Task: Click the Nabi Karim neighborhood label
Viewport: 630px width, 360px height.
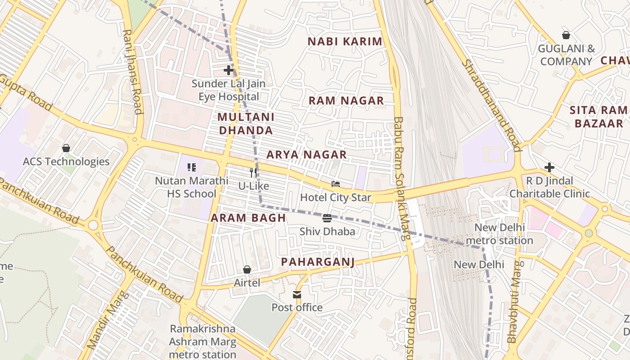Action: click(x=345, y=41)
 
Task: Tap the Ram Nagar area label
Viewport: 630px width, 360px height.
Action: click(x=346, y=100)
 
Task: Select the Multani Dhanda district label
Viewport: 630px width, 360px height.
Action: click(x=245, y=124)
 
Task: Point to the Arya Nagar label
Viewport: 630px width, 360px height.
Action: click(x=306, y=154)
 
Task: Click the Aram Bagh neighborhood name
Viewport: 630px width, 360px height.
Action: click(x=248, y=218)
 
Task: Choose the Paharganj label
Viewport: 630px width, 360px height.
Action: click(x=318, y=262)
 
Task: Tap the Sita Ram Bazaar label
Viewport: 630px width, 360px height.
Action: click(x=598, y=117)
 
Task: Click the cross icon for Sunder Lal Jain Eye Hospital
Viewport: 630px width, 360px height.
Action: click(x=229, y=70)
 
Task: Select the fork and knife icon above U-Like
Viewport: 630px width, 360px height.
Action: click(x=253, y=172)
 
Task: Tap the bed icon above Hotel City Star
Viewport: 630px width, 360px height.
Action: click(x=336, y=184)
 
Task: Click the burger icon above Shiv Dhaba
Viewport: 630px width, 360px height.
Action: click(x=327, y=218)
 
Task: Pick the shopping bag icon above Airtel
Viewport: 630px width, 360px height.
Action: click(x=247, y=270)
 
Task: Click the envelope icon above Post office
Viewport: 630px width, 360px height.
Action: click(x=297, y=295)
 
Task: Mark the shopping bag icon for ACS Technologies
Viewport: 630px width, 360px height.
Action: click(x=66, y=148)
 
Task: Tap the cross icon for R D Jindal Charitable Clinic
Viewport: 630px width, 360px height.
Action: click(x=549, y=167)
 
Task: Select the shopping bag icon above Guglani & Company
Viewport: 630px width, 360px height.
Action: click(x=566, y=35)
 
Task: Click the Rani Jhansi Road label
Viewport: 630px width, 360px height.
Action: click(x=133, y=72)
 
